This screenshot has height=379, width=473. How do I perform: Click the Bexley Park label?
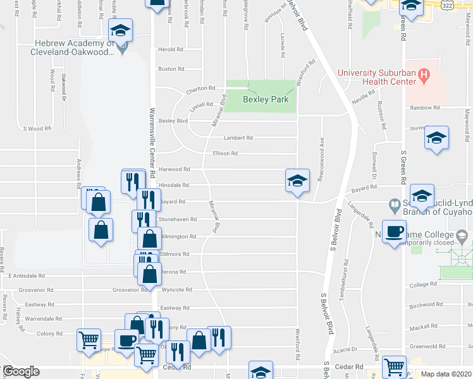[266, 100]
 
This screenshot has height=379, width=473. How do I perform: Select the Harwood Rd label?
[174, 169]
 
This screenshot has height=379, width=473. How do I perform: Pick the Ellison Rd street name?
[225, 153]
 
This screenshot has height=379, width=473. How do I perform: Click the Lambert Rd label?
[238, 138]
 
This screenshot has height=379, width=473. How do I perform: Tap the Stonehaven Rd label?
[177, 220]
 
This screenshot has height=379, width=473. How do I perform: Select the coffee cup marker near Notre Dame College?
[395, 232]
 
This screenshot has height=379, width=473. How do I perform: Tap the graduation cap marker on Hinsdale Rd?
[297, 182]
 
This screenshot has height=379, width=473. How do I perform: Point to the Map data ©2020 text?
[446, 374]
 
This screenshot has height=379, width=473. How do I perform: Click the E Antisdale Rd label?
[27, 276]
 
